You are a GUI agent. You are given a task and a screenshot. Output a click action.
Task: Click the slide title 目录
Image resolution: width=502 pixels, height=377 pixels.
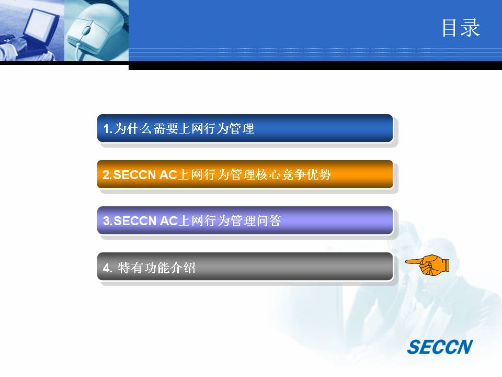(461, 28)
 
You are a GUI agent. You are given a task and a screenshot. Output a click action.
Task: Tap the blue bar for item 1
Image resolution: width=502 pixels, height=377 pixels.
(245, 128)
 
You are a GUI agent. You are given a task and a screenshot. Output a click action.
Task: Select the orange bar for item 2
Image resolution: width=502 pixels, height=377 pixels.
(245, 174)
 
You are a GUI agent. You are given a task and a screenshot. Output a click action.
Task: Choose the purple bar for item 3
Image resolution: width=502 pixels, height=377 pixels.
(245, 220)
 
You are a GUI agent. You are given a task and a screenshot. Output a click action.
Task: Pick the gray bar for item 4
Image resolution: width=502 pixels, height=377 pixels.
(245, 267)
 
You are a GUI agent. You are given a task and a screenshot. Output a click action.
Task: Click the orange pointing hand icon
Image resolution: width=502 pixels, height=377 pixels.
(427, 265)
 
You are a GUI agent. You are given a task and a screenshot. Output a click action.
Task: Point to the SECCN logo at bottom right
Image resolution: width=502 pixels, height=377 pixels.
(440, 347)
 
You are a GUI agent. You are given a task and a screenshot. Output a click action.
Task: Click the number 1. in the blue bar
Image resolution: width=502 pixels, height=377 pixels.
(108, 129)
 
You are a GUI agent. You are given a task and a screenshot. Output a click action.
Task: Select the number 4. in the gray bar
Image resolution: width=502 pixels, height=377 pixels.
(108, 268)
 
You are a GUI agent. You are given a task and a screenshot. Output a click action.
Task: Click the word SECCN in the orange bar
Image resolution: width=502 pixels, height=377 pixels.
(134, 175)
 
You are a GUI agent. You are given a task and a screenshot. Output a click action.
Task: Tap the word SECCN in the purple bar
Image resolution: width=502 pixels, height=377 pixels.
(135, 221)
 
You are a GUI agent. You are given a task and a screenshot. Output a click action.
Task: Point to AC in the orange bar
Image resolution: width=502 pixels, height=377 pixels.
(168, 175)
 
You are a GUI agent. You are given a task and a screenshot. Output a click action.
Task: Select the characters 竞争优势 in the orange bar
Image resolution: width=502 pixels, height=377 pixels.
(306, 175)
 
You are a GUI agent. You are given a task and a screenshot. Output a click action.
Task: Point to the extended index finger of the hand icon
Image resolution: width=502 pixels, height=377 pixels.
(414, 262)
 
